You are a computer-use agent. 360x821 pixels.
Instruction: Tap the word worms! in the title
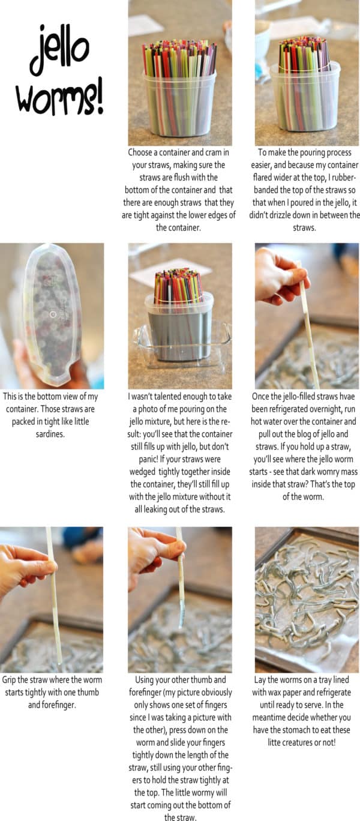(x=59, y=96)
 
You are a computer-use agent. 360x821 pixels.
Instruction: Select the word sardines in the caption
(x=52, y=433)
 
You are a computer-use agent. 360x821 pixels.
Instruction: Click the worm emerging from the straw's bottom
(x=181, y=615)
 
